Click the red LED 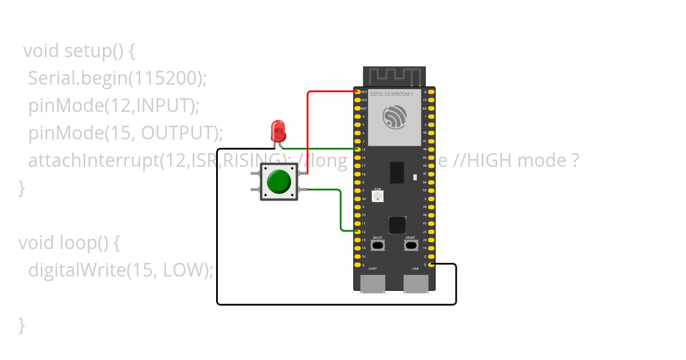[x=278, y=131]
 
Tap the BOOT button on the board [x=378, y=246]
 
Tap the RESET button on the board [x=410, y=246]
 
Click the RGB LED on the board [x=377, y=197]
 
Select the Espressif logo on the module [x=394, y=118]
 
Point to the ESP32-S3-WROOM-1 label [x=392, y=93]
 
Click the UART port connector [x=372, y=283]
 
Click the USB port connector [x=416, y=283]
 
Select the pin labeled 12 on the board [x=358, y=231]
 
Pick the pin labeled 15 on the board [x=358, y=149]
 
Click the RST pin [x=358, y=108]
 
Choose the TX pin [x=431, y=100]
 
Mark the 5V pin [x=358, y=256]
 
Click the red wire [x=308, y=131]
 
